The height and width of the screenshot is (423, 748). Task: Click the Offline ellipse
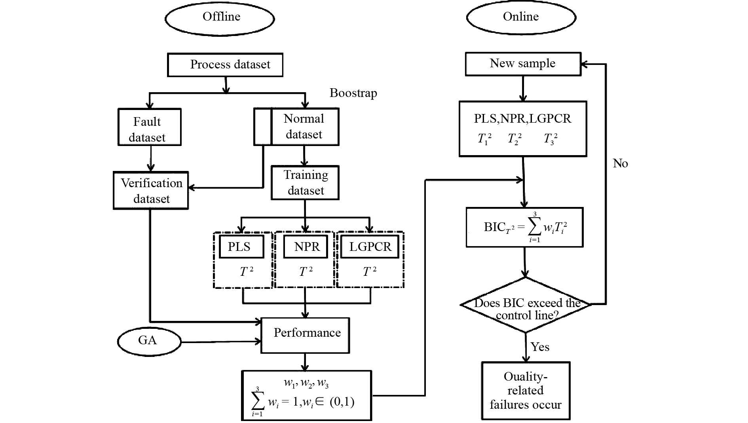220,18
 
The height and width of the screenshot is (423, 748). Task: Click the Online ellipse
521,17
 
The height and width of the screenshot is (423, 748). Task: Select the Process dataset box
225,65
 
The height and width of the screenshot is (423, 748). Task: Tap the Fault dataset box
150,127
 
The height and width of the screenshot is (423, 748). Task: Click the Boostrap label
353,93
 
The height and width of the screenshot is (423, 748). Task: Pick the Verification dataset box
151,190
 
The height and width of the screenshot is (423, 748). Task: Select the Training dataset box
305,182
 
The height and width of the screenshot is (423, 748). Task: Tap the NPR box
306,247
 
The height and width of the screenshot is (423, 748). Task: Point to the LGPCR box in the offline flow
370,247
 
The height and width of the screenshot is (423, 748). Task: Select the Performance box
305,335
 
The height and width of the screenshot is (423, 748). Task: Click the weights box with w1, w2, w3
307,395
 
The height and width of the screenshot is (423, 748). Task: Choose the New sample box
523,64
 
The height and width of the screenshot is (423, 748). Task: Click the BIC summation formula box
524,228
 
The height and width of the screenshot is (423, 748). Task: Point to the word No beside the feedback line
620,164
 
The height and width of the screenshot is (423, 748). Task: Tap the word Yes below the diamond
540,347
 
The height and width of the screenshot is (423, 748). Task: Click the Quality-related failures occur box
526,391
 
